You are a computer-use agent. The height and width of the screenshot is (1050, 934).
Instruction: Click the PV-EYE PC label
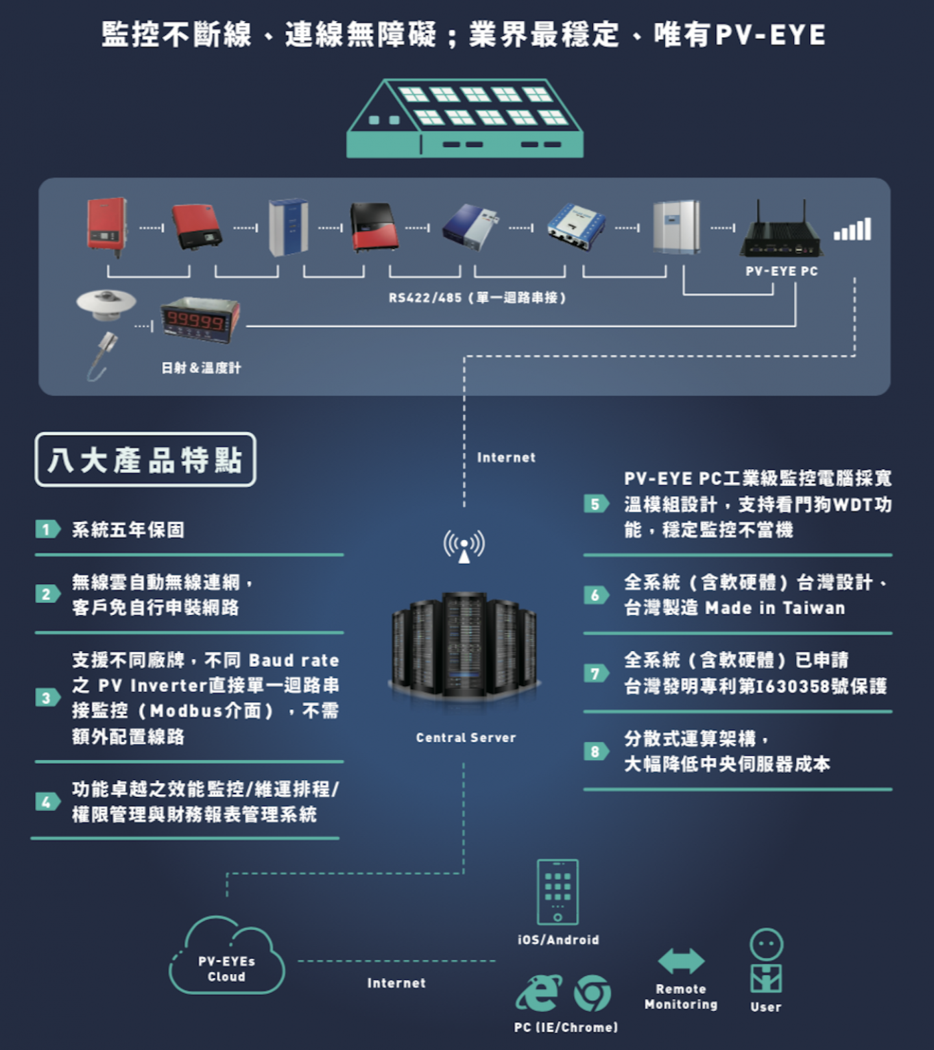coord(782,271)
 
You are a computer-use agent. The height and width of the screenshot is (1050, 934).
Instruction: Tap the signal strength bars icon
coord(852,230)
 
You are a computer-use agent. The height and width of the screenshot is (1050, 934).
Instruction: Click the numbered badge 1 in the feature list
coord(47,530)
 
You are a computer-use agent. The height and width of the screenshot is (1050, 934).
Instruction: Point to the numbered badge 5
coord(595,504)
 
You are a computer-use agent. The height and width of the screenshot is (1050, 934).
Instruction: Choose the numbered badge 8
coord(595,751)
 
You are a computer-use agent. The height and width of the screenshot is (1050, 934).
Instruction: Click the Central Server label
coord(466,738)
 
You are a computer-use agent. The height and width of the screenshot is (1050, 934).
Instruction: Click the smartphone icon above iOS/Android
coord(557,892)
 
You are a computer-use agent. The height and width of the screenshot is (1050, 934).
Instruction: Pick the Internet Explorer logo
coord(538,993)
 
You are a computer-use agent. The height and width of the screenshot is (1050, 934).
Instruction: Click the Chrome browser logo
coord(592,993)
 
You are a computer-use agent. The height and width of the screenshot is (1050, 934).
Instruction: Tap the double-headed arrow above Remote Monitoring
coord(681,960)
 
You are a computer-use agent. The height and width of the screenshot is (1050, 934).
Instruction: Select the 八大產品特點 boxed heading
coord(145,459)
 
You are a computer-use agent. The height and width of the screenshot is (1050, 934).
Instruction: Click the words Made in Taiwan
coord(775,608)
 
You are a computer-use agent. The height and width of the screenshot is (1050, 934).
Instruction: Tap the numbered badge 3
coord(47,698)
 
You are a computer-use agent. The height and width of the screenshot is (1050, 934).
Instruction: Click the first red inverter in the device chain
coord(106,224)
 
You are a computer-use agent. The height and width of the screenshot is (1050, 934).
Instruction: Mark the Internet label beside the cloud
coord(396,983)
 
